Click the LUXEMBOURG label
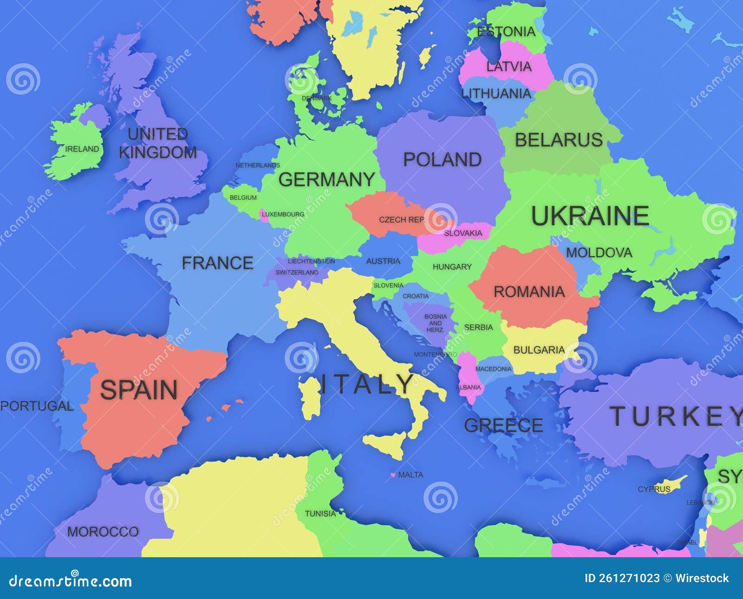(x=283, y=215)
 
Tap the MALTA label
(x=411, y=475)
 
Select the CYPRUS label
(x=654, y=489)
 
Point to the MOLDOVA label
(x=599, y=253)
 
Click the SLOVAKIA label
(x=463, y=233)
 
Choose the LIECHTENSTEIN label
(x=311, y=261)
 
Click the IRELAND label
(x=82, y=149)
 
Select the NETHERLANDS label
(x=258, y=165)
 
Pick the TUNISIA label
(x=320, y=514)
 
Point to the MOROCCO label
(x=103, y=532)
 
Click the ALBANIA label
(x=468, y=387)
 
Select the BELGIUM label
(x=243, y=198)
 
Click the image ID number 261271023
(x=629, y=578)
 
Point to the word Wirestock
(x=702, y=578)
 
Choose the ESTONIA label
(x=506, y=32)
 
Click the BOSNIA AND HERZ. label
(x=436, y=323)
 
